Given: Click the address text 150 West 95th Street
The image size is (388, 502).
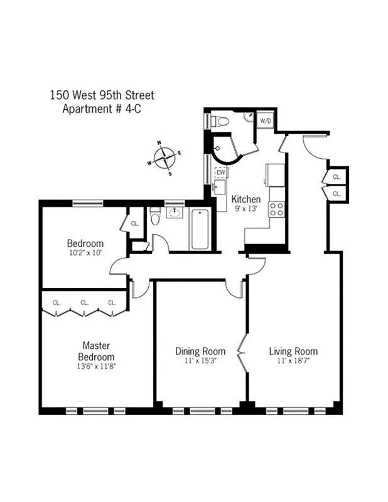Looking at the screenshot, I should (x=102, y=95).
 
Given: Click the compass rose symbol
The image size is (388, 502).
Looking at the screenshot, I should (x=164, y=156).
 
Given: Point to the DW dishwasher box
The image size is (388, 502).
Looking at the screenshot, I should (x=220, y=171).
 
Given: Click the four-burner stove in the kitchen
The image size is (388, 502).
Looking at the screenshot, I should (x=277, y=210).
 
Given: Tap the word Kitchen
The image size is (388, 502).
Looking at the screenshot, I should (x=245, y=200).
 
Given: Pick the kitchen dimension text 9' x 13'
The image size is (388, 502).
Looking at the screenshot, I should (x=245, y=209).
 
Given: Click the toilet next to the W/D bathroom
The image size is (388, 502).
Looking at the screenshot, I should (x=218, y=121).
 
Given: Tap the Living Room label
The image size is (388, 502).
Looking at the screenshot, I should (x=293, y=351).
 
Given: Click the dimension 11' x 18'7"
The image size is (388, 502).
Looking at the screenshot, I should (x=293, y=361).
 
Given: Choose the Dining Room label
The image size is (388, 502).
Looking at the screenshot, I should (x=200, y=351).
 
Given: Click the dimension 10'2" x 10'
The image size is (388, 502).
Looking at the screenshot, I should (x=85, y=254).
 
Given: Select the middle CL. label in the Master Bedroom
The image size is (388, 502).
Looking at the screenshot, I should (x=84, y=302).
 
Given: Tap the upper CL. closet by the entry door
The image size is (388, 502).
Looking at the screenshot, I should (x=337, y=178).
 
